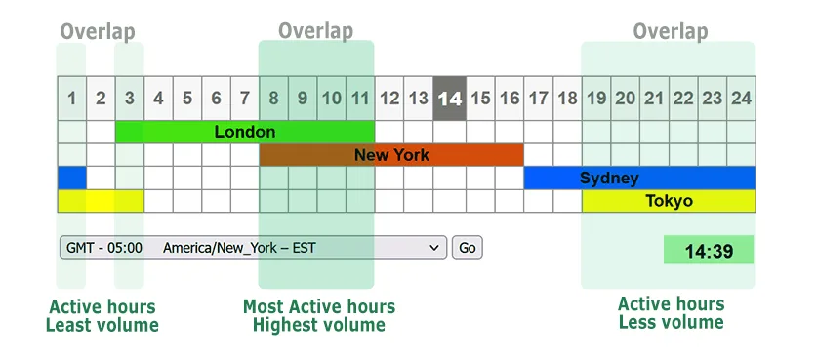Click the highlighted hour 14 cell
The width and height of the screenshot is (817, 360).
point(450,98)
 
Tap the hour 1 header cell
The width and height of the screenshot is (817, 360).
point(71,98)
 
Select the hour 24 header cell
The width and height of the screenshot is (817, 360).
point(741,98)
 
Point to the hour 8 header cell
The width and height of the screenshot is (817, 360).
point(274,98)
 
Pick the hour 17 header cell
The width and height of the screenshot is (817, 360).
point(538,98)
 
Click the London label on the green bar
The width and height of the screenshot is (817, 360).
point(245,132)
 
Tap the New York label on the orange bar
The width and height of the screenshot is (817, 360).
point(391,155)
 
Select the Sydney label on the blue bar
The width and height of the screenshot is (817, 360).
point(609,179)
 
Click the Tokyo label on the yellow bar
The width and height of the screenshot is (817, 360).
point(669,202)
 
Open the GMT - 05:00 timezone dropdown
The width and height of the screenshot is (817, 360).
point(253,248)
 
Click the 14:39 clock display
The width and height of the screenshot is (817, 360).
point(709,251)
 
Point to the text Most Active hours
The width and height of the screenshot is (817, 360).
point(319,307)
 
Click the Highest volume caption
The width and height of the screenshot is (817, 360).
point(319,325)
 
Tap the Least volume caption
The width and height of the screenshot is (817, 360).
point(102,325)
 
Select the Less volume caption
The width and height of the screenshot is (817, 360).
point(672,322)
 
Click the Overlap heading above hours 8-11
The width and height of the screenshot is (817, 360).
point(315,31)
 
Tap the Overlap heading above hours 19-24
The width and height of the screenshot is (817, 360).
point(671,31)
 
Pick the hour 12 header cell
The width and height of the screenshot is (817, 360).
point(390,98)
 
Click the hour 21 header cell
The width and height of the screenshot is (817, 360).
point(654,98)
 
